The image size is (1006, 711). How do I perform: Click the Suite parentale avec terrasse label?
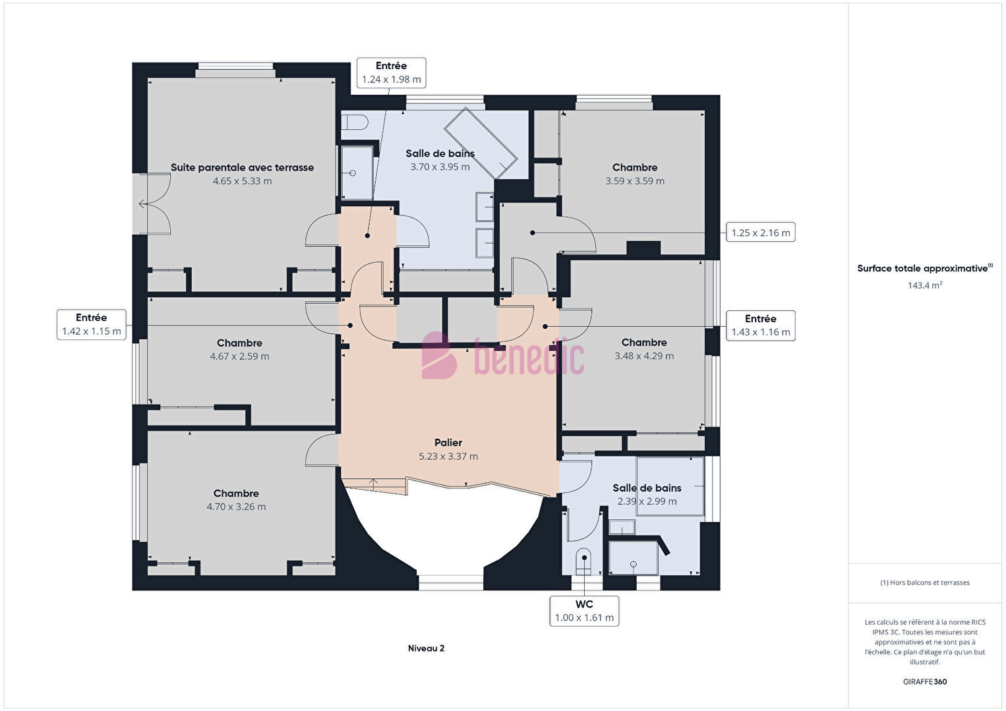(x=242, y=167)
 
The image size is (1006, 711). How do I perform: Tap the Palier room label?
(x=448, y=443)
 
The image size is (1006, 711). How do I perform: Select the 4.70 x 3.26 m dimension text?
(x=236, y=507)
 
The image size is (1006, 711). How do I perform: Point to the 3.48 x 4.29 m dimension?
(x=644, y=356)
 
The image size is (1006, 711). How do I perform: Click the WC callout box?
(x=584, y=611)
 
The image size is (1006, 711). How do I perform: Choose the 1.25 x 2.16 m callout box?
(x=760, y=233)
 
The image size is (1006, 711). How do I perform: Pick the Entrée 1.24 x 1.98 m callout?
(x=391, y=72)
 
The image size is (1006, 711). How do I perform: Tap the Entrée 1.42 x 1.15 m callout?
(x=92, y=324)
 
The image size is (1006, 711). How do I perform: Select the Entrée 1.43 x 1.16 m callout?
(x=760, y=326)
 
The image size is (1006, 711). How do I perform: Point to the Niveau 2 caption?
(x=427, y=648)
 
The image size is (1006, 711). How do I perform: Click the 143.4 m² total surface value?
(x=925, y=285)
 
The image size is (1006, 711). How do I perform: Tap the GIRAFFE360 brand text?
(x=925, y=681)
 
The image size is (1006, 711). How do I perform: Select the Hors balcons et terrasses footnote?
(x=925, y=583)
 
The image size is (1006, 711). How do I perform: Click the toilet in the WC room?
(x=583, y=561)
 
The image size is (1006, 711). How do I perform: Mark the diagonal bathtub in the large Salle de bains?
(x=481, y=143)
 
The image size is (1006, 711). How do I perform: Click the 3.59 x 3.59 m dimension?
(x=635, y=181)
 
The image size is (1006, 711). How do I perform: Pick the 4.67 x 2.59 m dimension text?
(x=240, y=356)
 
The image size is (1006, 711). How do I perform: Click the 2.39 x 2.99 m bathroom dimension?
(x=647, y=501)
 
